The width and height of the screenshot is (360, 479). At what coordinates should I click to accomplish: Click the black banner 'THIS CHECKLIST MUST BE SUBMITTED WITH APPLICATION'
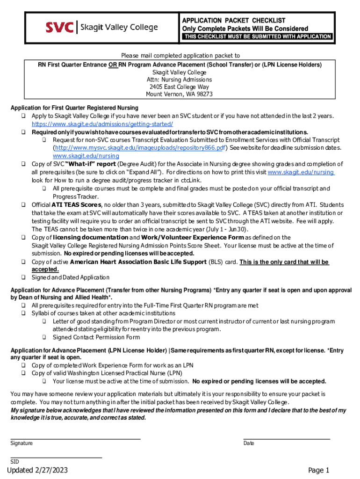pos(257,36)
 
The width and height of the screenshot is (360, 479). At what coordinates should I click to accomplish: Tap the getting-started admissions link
pos(102,124)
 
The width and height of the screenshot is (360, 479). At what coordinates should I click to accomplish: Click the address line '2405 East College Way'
pos(179,87)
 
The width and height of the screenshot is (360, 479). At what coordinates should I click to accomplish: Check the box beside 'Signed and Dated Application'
pos(23,277)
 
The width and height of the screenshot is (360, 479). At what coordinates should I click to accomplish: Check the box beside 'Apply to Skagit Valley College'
pos(23,116)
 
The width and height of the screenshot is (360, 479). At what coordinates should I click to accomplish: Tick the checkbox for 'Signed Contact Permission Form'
pos(43,337)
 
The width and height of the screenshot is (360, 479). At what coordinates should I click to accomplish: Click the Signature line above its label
pos(75,439)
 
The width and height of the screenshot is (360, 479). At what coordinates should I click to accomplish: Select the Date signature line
pos(287,439)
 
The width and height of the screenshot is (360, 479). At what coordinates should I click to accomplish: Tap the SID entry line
pos(56,457)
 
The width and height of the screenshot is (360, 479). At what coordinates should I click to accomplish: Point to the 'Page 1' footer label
pos(319,470)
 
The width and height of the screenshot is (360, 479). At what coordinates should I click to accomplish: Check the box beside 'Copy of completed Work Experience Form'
pos(23,365)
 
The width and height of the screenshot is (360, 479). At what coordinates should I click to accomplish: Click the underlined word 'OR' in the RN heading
pos(113,65)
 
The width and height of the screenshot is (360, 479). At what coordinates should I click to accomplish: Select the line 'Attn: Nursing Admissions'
pos(179,80)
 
